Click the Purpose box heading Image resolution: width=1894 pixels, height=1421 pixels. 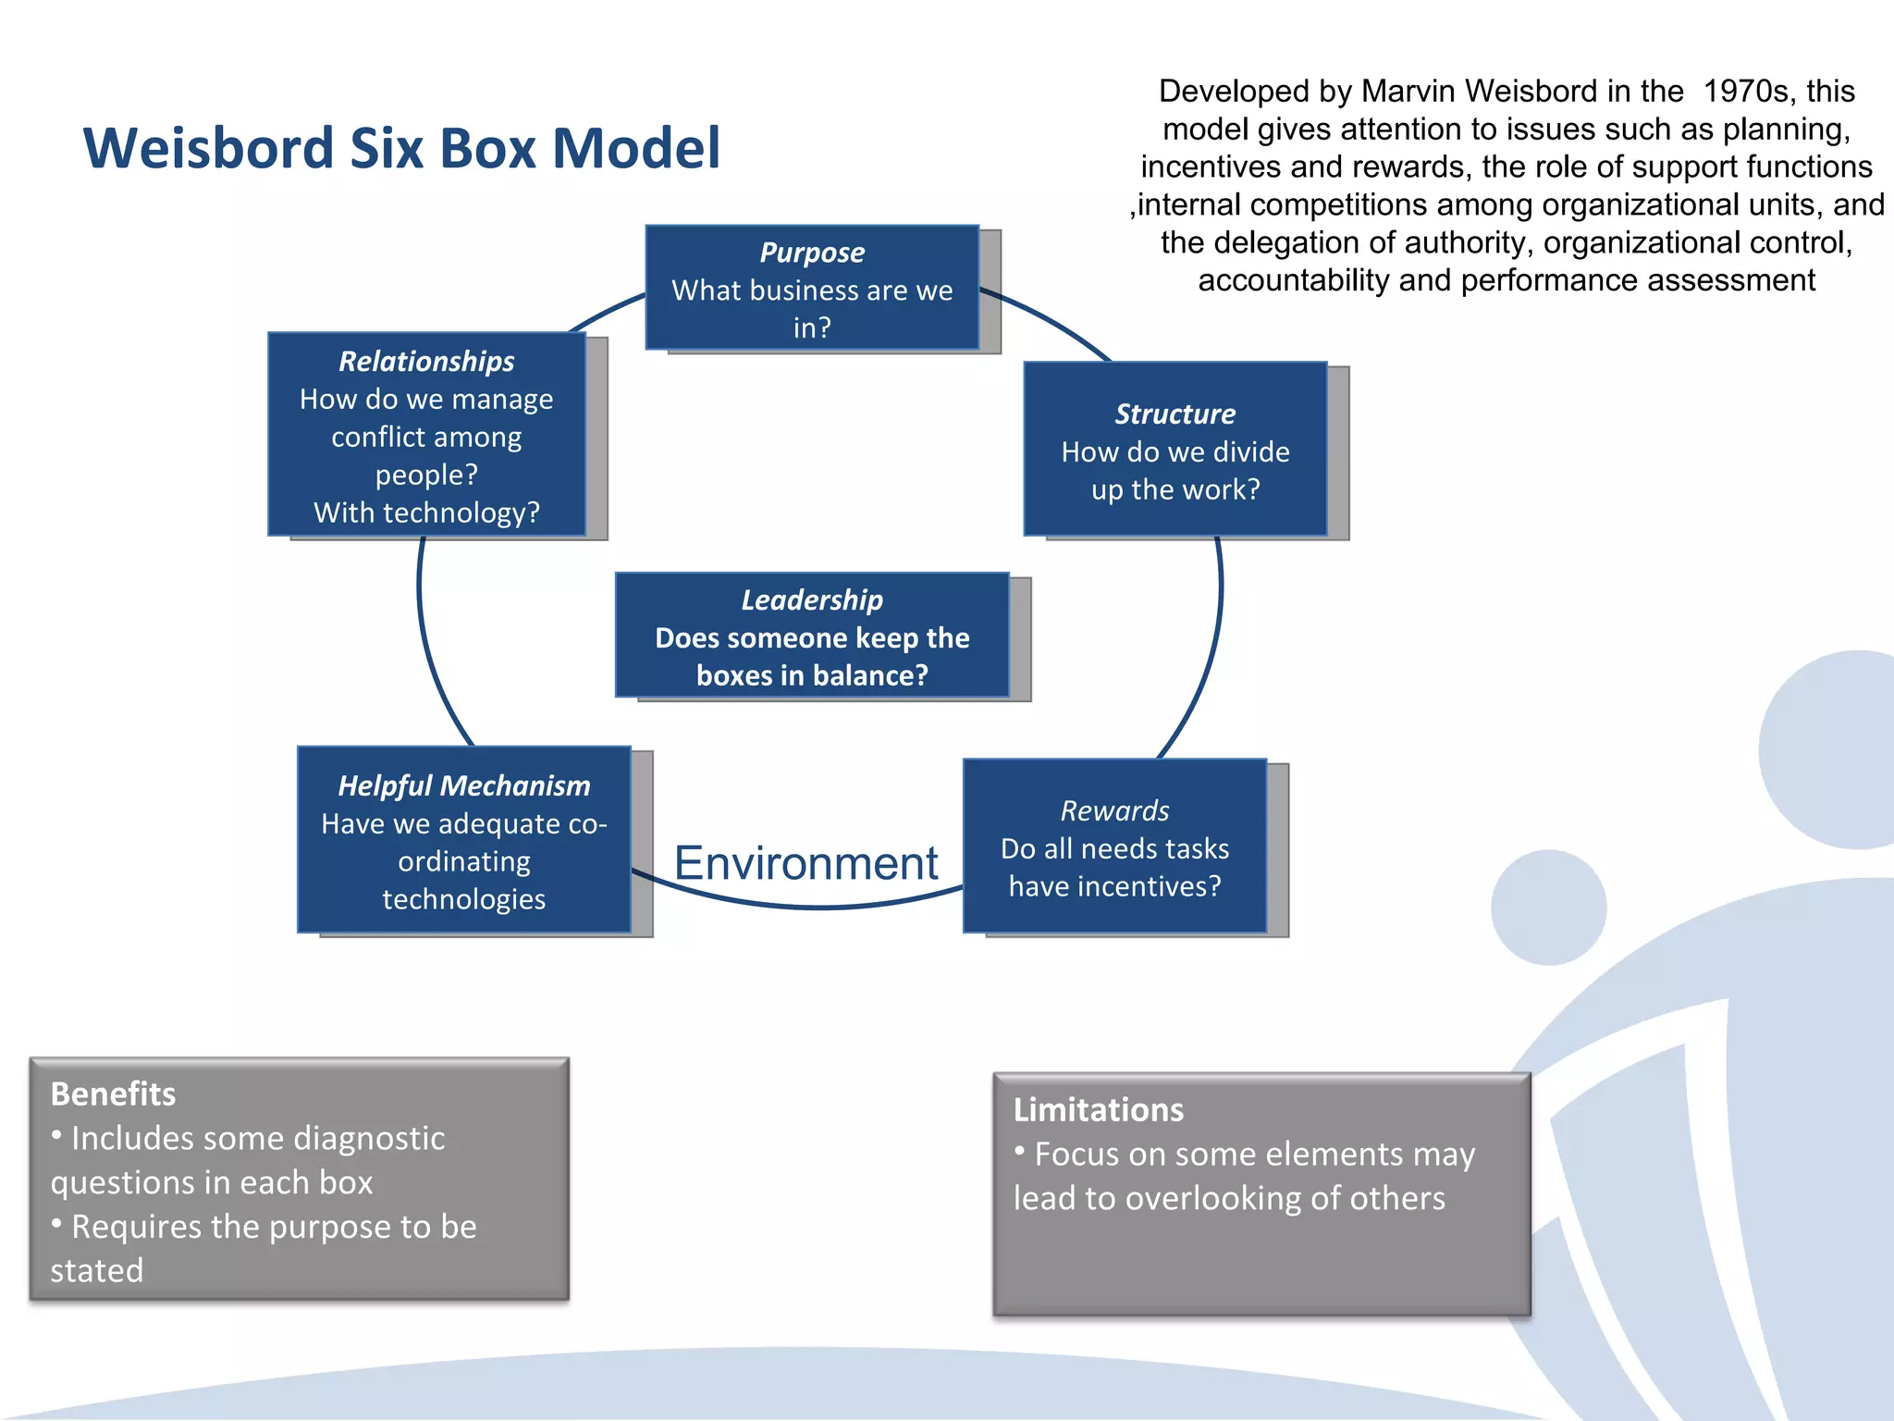coord(812,253)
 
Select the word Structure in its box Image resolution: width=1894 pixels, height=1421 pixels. coord(1175,414)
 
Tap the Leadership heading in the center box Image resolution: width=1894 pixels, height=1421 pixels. coord(812,600)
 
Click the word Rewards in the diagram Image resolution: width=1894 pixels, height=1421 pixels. coord(1114,811)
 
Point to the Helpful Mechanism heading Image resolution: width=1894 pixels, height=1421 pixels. coord(463,785)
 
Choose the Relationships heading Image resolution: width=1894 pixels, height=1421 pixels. coord(426,361)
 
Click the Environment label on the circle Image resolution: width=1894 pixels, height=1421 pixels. coord(806,863)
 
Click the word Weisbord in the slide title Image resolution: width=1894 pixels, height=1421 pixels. coord(208,148)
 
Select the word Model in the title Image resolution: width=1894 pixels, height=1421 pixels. coord(635,148)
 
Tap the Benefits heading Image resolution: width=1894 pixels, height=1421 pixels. coord(113,1094)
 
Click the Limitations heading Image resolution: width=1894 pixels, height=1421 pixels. coord(1098,1109)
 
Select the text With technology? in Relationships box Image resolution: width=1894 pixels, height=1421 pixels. coord(426,513)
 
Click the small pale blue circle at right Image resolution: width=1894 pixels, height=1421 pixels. coord(1548,908)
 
